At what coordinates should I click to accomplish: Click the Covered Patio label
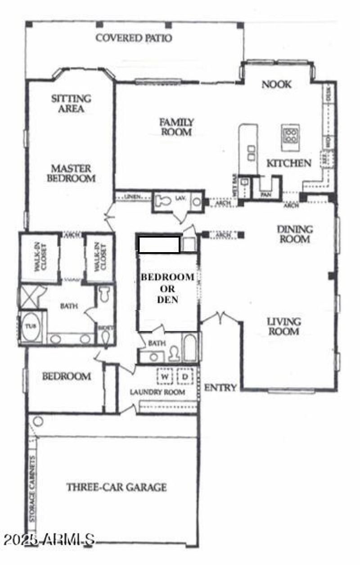point(134,38)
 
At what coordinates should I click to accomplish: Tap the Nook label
point(277,84)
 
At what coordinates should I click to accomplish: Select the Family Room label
point(177,127)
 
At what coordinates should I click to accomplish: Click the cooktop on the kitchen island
point(290,135)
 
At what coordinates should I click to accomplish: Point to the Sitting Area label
point(71,103)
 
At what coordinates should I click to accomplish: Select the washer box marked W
point(165,376)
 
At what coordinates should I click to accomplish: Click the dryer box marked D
point(184,376)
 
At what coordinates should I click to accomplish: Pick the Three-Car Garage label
point(117,487)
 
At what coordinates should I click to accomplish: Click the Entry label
point(220,388)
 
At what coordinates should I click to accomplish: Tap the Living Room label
point(283,327)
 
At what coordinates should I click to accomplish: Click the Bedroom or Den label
point(167,288)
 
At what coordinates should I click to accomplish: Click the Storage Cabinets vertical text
point(32,495)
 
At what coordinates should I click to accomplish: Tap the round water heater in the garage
point(38,422)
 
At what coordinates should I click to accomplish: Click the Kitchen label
point(289,163)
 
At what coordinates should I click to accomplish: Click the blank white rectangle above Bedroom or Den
point(159,244)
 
